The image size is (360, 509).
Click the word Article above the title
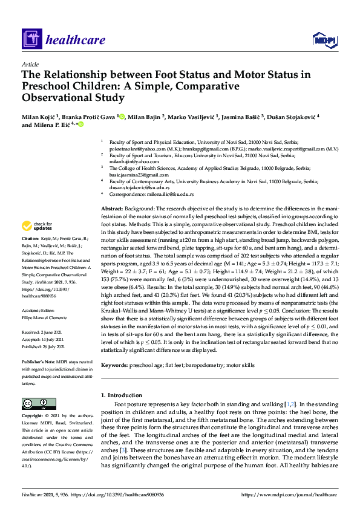pos(30,64)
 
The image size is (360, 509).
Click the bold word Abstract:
pos(113,208)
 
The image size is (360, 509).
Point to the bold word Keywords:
pos(115,366)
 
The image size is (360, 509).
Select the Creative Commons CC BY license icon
pos(35,403)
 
